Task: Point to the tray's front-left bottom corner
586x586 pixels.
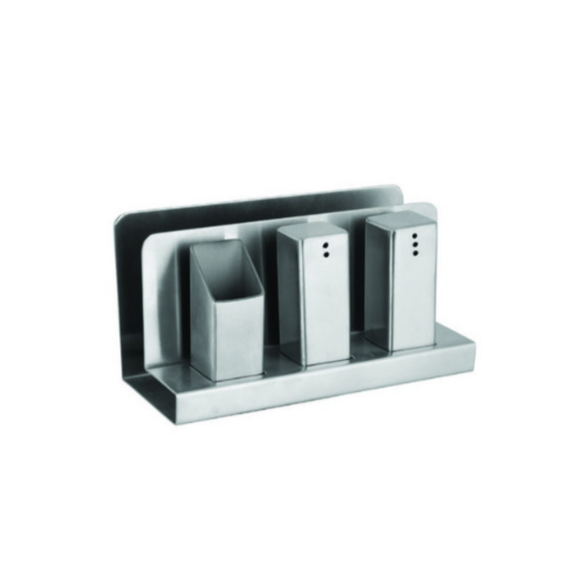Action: click(x=178, y=423)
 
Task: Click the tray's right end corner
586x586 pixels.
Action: click(x=474, y=345)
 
